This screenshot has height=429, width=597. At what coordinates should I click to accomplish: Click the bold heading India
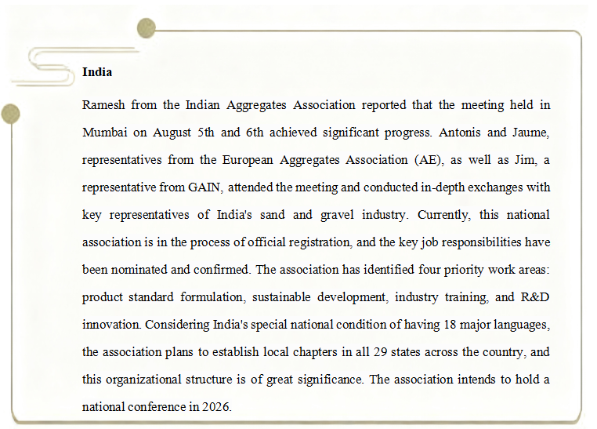pos(97,72)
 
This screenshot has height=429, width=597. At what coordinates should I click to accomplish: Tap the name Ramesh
pos(103,105)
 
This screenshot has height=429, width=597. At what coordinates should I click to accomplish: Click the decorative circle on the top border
pos(146,29)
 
